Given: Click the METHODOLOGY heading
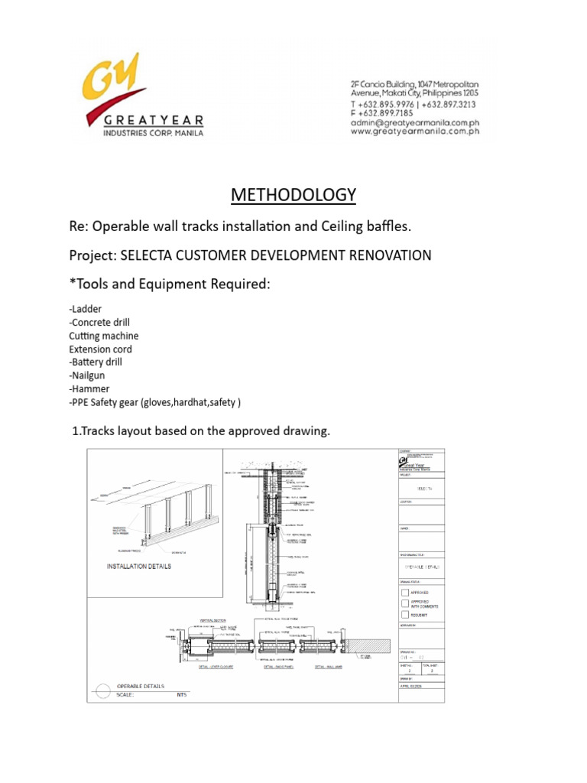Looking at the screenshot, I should pos(293,195).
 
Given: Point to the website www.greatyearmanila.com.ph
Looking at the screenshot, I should pos(415,132).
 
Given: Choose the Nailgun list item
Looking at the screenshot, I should pos(89,375).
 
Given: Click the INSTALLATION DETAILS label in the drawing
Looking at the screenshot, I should pos(138,567).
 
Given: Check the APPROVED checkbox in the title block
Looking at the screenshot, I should pos(404,592).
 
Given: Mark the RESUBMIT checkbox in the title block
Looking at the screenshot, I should pos(404,615).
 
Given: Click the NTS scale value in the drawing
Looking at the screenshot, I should pos(182,694).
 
